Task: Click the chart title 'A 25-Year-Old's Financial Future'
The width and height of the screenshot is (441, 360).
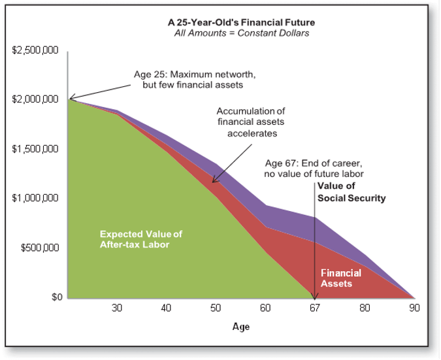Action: pyautogui.click(x=241, y=22)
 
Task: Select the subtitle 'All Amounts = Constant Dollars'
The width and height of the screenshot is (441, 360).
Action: pyautogui.click(x=241, y=33)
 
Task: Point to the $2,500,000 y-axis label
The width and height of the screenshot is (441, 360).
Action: pyautogui.click(x=35, y=50)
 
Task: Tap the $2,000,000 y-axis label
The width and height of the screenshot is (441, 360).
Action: pyautogui.click(x=35, y=99)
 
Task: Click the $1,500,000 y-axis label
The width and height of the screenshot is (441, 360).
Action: pyautogui.click(x=35, y=149)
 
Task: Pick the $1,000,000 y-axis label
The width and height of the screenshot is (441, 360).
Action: pyautogui.click(x=35, y=198)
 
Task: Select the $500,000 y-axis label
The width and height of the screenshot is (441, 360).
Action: pyautogui.click(x=40, y=248)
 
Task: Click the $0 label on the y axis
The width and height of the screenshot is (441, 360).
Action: pyautogui.click(x=57, y=297)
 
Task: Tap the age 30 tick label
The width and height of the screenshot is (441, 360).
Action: pyautogui.click(x=117, y=308)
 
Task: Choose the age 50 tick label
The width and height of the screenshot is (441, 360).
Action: pyautogui.click(x=216, y=308)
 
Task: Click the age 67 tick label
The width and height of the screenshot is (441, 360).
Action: pyautogui.click(x=315, y=308)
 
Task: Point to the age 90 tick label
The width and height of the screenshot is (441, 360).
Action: pyautogui.click(x=414, y=308)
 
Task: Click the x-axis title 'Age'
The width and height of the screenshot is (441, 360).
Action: pyautogui.click(x=241, y=327)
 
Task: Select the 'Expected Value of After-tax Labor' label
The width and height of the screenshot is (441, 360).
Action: pyautogui.click(x=141, y=239)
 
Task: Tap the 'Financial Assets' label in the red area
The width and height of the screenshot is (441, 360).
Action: pyautogui.click(x=341, y=278)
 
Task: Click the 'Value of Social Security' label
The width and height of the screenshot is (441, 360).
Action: pyautogui.click(x=351, y=192)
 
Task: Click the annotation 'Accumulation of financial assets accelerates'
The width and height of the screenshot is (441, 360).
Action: pyautogui.click(x=251, y=122)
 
